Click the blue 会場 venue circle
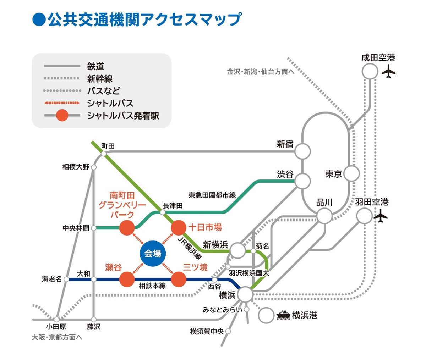click(x=153, y=253)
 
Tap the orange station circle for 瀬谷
click(x=127, y=279)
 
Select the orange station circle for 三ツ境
click(x=179, y=279)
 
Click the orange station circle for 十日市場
click(x=179, y=228)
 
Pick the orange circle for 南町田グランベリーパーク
click(x=127, y=228)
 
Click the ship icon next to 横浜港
click(x=283, y=315)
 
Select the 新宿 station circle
click(x=303, y=151)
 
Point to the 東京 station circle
click(x=351, y=174)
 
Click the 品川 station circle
click(x=324, y=216)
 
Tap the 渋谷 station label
click(x=285, y=174)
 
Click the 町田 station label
click(x=108, y=146)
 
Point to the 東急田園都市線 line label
click(x=212, y=195)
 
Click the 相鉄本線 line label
click(x=152, y=286)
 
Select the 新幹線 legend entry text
click(x=100, y=78)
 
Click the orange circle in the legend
click(x=62, y=116)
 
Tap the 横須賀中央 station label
click(x=207, y=332)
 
